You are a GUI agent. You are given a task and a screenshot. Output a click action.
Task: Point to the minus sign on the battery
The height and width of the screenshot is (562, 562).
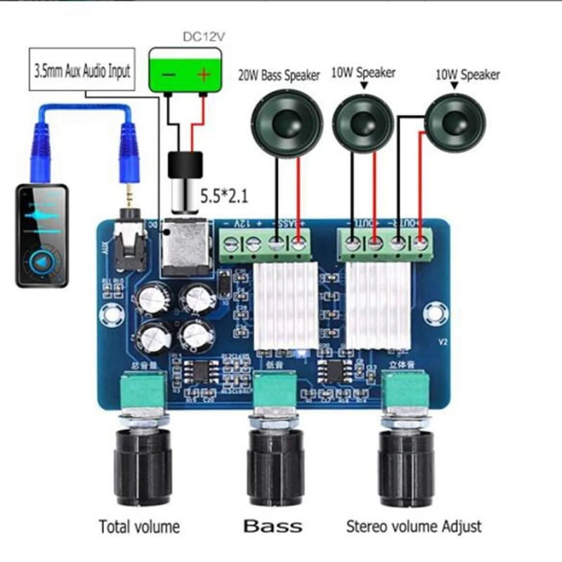tap(169, 74)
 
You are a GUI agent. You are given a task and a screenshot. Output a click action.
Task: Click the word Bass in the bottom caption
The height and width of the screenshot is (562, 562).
tap(273, 525)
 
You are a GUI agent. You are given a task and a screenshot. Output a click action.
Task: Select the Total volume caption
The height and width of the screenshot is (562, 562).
tap(138, 525)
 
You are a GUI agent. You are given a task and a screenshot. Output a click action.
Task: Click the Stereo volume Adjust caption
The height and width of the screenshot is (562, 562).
tap(414, 525)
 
